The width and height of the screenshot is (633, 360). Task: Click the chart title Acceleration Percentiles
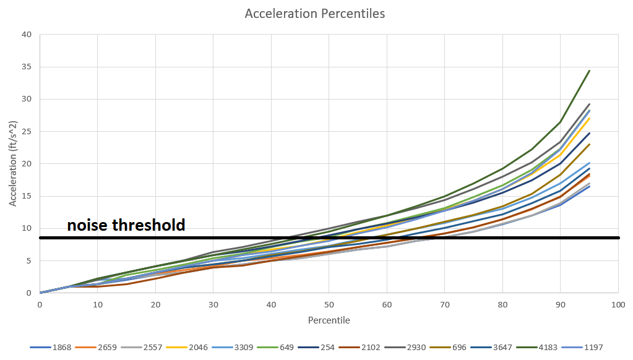[x=316, y=13]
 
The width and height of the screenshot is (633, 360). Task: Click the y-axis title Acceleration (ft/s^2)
[x=13, y=163]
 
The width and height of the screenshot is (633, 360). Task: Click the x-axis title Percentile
[x=329, y=320]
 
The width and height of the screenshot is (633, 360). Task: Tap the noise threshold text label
[x=126, y=225]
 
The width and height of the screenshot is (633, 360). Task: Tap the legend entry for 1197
[x=592, y=347]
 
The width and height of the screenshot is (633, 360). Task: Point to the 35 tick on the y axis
[x=27, y=67]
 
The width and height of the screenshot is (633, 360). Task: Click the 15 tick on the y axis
[x=27, y=196]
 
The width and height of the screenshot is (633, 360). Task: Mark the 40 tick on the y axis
[x=27, y=34]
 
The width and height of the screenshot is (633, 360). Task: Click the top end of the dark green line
[x=589, y=71]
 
